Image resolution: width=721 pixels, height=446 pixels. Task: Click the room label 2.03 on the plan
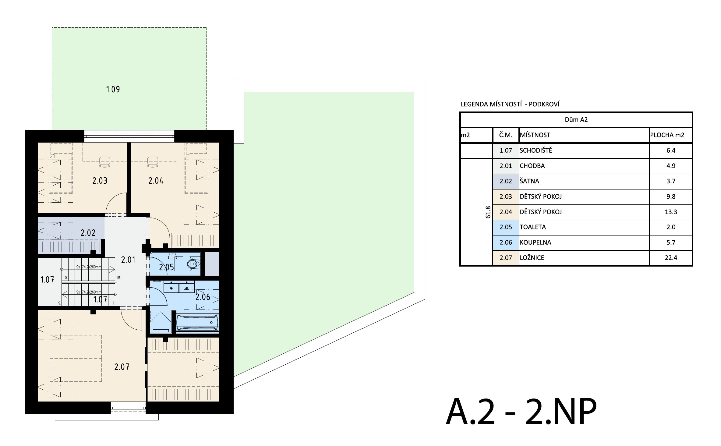coord(100,181)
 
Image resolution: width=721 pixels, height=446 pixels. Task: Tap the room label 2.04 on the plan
coord(156,181)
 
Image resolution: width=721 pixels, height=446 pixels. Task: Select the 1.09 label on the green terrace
coord(113,89)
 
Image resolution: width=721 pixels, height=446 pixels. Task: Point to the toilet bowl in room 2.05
coord(193,264)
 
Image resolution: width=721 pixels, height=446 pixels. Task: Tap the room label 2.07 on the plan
coord(122,367)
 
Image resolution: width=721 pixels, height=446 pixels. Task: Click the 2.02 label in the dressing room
coord(88,233)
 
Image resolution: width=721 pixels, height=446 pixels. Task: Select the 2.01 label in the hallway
coord(128,260)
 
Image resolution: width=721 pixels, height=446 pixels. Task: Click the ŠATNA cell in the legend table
coord(529,181)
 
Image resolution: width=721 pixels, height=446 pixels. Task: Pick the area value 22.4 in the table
coord(671,258)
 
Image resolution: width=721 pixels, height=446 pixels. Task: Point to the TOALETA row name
coord(533,227)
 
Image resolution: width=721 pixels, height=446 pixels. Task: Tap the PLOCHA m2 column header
coord(667,135)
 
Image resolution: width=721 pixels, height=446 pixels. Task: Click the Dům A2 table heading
coord(576,120)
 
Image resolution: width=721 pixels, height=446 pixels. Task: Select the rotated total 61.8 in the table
coord(488,212)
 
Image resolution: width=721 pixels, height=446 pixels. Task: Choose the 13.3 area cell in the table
coord(671,212)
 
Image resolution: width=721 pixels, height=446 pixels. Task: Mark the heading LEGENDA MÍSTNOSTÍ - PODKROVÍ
coord(510,104)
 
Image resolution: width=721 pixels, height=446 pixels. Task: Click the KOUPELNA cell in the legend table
coord(535,242)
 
